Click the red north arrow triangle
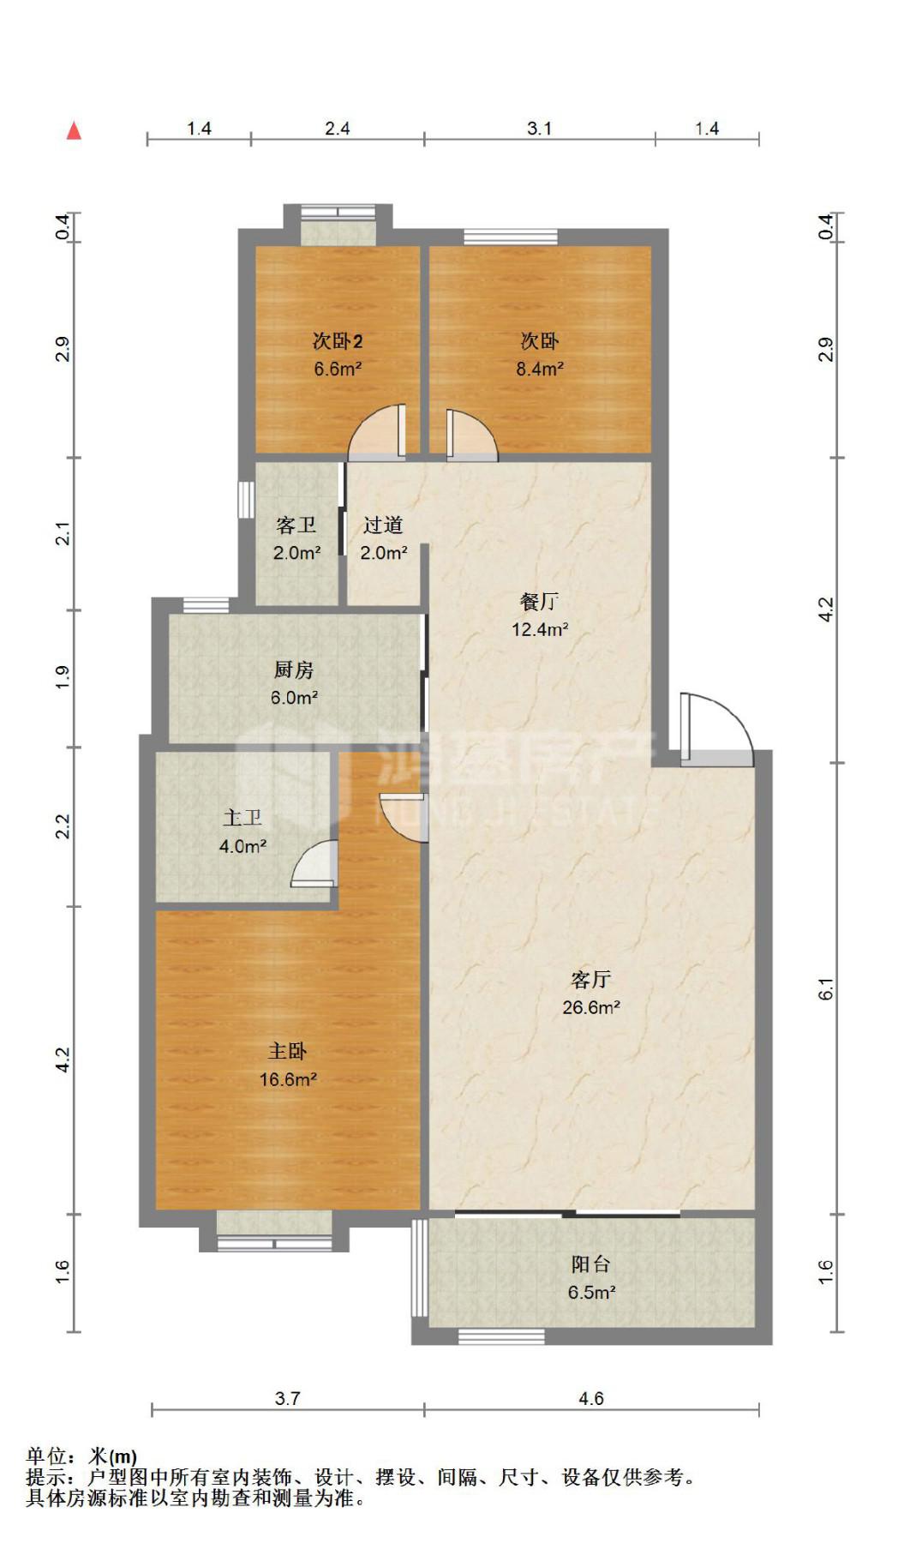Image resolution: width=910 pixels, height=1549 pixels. point(75,130)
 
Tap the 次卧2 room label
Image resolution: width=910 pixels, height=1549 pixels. point(338,341)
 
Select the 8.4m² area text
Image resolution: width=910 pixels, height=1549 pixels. point(540,369)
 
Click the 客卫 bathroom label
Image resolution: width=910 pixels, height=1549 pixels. point(296,525)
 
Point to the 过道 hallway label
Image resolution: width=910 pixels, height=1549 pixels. point(383,525)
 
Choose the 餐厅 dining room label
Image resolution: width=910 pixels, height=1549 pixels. point(540,602)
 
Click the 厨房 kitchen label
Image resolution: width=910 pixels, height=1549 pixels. point(294,670)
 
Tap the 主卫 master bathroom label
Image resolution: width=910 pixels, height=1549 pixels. point(242,819)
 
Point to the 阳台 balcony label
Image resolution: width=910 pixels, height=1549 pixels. point(591,1264)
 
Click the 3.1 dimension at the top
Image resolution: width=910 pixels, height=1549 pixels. point(539,129)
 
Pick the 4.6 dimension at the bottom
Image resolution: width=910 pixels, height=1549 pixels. point(591,1399)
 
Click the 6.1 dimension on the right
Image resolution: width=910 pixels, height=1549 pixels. point(825,988)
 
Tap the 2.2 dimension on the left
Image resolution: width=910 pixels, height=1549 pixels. point(62,826)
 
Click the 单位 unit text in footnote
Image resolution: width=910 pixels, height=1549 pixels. point(46,1456)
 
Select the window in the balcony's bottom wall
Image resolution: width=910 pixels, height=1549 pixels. point(501,1336)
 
